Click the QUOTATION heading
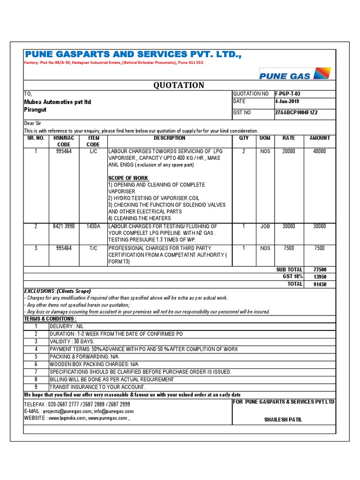click(x=179, y=85)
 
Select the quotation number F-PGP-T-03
click(x=291, y=94)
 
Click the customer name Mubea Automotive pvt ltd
click(x=57, y=102)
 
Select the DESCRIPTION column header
click(x=169, y=138)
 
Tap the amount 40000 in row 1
click(x=319, y=151)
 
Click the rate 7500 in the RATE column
click(x=288, y=248)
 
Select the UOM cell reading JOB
click(x=265, y=226)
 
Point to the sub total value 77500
click(x=320, y=270)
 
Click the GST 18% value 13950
click(x=320, y=277)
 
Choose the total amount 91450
click(x=320, y=285)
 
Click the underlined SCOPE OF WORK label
click(x=128, y=179)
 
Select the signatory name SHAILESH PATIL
click(x=284, y=420)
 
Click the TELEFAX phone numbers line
click(x=77, y=404)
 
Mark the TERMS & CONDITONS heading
click(x=50, y=319)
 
